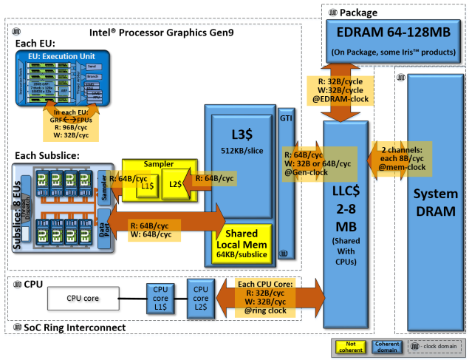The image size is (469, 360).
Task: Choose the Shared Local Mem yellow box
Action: [243, 242]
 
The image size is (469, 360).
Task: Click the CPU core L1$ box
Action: [160, 299]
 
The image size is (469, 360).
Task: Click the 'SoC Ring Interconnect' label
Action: [75, 327]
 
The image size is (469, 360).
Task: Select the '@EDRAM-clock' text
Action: [346, 98]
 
